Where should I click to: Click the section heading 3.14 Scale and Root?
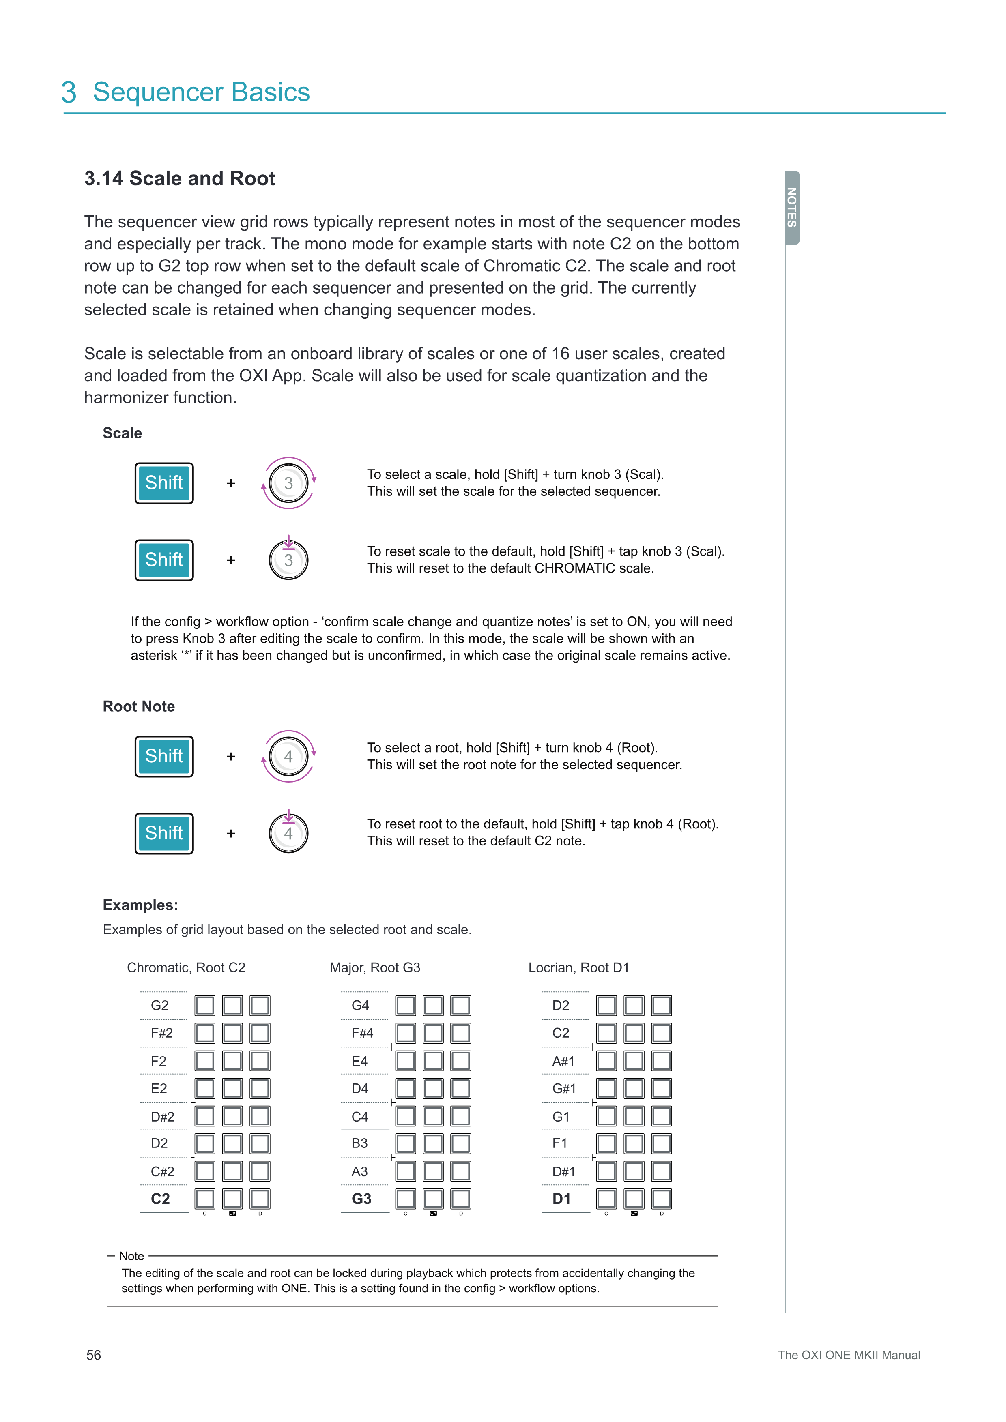[x=180, y=178]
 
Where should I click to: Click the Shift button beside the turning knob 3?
[x=164, y=483]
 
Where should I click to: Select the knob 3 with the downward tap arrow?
[x=289, y=560]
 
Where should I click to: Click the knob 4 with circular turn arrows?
[x=289, y=756]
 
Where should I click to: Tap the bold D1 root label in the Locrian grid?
[x=561, y=1199]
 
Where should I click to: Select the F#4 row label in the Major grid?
[x=362, y=1033]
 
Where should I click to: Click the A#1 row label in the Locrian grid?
[x=563, y=1062]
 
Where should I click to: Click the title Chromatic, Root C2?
[x=186, y=967]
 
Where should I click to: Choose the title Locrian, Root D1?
[x=578, y=967]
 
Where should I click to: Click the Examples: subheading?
[x=140, y=905]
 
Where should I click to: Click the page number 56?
[x=94, y=1355]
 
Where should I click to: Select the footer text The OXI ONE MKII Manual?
[x=849, y=1355]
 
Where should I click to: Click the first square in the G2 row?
[x=205, y=1005]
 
